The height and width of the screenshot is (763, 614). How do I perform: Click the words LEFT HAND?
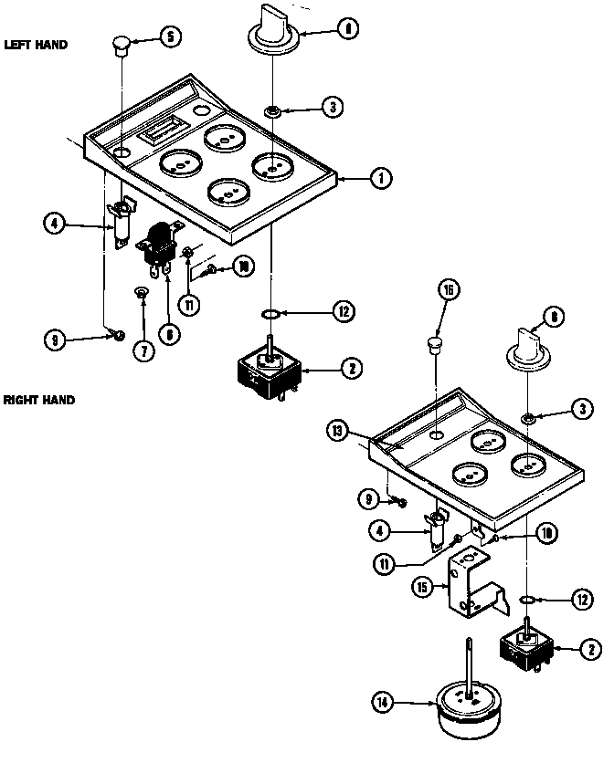coord(36,44)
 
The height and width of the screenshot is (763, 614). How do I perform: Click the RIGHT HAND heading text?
coord(38,400)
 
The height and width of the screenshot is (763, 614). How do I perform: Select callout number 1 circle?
coord(379,179)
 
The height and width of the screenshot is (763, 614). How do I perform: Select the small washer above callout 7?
coord(142,292)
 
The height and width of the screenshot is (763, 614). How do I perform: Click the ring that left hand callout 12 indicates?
coord(271,313)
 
